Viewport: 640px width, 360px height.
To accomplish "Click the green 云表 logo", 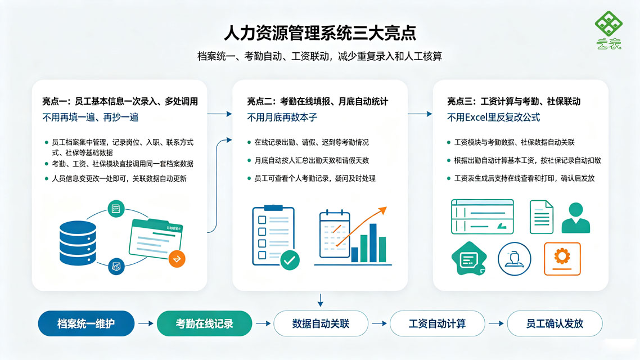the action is (x=609, y=30).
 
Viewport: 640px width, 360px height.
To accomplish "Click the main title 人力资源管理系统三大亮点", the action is (x=320, y=33).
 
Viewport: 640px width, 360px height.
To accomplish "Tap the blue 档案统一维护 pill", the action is (x=86, y=323).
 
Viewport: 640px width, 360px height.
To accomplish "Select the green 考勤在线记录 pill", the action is (x=204, y=323).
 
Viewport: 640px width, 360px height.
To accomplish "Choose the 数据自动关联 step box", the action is (x=321, y=323).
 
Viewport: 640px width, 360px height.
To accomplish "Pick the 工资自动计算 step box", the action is (x=437, y=323).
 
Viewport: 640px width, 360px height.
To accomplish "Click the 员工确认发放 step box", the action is (x=555, y=323).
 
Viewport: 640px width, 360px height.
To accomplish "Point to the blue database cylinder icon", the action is (x=78, y=243).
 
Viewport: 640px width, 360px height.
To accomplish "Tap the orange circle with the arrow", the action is (x=177, y=259).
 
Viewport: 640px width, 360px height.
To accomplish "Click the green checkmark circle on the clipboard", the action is (x=290, y=260).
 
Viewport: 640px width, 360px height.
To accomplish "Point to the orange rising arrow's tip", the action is (x=386, y=208).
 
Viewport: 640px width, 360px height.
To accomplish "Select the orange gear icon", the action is (x=562, y=259).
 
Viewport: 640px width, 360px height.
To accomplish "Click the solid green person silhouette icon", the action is (x=576, y=218).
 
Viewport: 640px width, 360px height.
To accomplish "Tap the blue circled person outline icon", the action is (x=514, y=259).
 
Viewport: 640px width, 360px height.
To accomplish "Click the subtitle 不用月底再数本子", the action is (x=282, y=118).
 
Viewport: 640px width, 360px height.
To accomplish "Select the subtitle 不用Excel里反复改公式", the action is (x=493, y=118).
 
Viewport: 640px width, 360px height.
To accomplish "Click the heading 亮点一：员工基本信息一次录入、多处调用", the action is (x=120, y=101).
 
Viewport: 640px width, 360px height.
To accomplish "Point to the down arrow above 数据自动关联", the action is (x=321, y=300).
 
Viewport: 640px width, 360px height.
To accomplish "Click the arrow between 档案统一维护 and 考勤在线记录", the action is (x=146, y=323).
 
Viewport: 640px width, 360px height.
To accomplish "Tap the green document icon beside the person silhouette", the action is (x=541, y=217).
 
